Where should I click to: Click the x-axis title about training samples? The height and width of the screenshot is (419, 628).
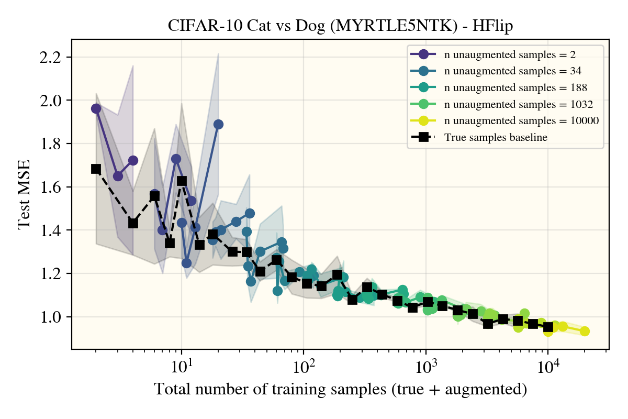coord(340,389)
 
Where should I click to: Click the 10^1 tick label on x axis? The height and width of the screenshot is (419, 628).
coord(181,362)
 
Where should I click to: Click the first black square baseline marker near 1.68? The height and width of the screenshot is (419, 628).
coord(96,169)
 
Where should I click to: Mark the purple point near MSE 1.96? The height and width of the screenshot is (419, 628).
coord(96,108)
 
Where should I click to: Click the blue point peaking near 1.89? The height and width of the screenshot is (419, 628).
coord(219,124)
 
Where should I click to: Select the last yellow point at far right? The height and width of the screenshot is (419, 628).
coord(585,331)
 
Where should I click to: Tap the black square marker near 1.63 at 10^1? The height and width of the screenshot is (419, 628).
coord(182,181)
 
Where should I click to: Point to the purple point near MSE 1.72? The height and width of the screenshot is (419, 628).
coord(133,160)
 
